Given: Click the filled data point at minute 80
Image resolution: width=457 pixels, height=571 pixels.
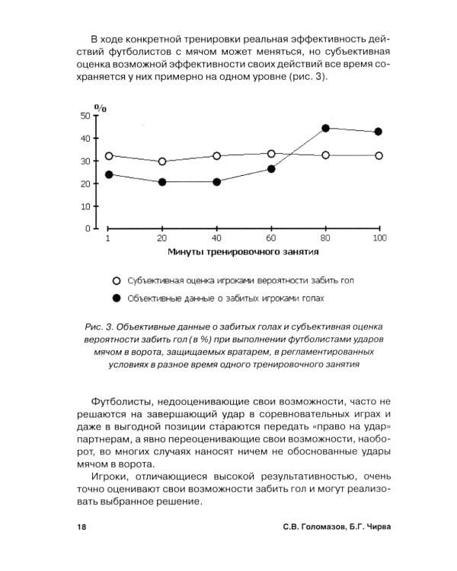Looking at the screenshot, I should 325,128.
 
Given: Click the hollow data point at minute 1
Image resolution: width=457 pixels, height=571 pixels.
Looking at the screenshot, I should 109,155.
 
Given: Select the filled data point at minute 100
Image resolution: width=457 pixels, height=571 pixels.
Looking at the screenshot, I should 379,132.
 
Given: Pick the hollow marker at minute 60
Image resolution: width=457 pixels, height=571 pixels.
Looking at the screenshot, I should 271,154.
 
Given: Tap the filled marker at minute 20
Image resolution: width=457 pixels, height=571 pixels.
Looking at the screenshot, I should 162,182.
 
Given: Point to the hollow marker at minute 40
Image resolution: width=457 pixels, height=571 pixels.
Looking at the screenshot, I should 217,156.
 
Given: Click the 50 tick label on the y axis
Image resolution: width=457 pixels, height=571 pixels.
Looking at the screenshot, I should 85,116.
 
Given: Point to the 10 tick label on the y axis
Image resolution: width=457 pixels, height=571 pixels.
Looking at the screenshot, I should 85,206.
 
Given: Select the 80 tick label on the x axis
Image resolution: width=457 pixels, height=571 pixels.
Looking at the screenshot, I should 325,238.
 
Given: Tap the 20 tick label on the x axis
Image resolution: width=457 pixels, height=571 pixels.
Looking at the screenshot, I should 162,238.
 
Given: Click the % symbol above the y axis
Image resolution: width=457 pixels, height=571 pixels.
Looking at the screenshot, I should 101,107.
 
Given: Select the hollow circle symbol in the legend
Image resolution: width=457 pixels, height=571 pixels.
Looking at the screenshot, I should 117,280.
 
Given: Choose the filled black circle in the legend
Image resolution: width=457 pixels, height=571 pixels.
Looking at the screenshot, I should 117,298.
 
